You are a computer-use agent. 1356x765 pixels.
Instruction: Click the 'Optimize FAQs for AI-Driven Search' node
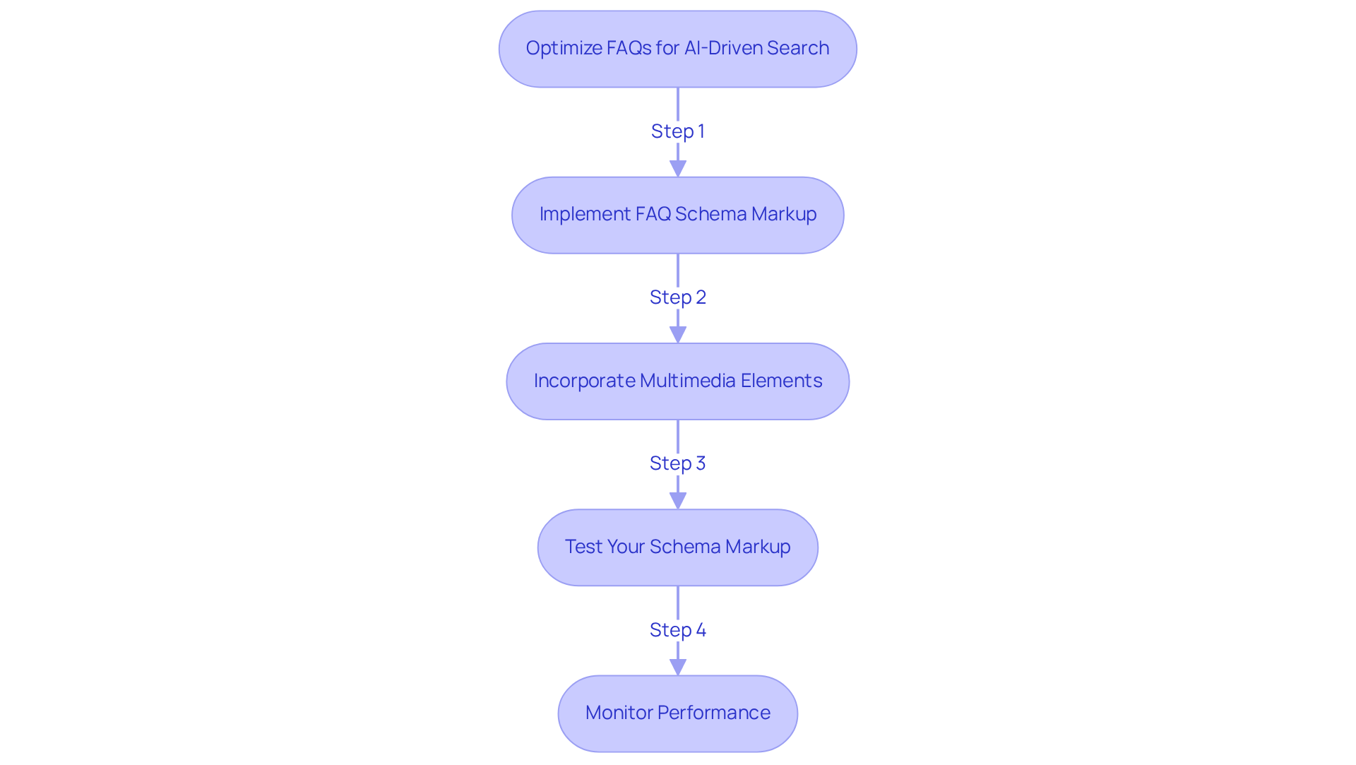tap(677, 49)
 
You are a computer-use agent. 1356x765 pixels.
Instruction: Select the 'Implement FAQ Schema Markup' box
tap(677, 215)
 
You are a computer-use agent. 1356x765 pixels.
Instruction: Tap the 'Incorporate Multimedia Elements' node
tap(677, 381)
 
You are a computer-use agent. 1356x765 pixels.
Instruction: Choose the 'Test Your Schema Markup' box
tap(677, 547)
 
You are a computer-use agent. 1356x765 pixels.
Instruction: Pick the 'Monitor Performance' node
tap(677, 713)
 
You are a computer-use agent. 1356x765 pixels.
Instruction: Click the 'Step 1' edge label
tap(677, 131)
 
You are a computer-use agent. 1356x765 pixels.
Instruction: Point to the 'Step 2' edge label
tap(677, 297)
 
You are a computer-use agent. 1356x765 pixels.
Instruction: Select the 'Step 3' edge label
tap(677, 463)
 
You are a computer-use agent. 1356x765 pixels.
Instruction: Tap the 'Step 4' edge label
tap(677, 630)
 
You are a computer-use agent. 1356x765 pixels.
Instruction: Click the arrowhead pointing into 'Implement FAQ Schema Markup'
tap(677, 169)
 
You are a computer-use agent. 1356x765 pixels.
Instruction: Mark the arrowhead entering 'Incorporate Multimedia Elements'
tap(677, 335)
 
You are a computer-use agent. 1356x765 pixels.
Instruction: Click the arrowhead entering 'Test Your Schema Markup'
tap(677, 501)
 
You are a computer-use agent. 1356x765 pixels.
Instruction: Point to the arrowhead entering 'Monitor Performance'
tap(677, 667)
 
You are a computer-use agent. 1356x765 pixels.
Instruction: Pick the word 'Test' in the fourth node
tap(583, 547)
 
